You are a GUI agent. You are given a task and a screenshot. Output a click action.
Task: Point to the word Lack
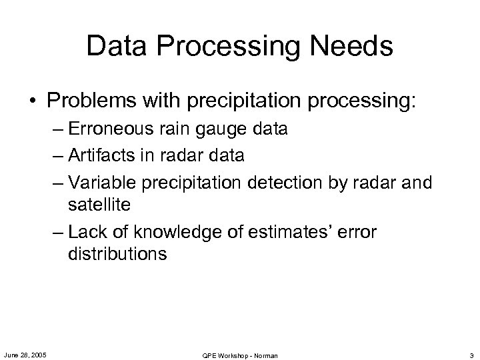pyautogui.click(x=85, y=233)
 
